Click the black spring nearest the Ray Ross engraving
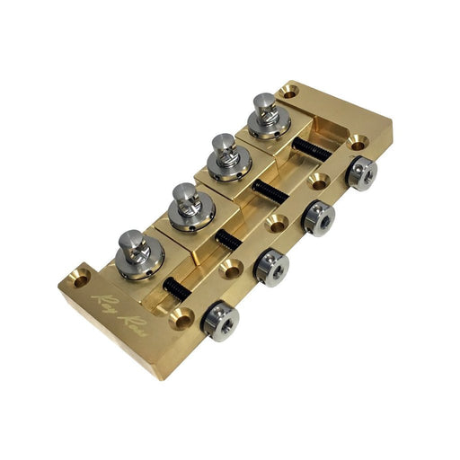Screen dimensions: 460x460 click(x=176, y=289)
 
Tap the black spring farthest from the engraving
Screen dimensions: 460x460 click(x=312, y=149)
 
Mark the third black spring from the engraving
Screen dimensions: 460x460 click(x=270, y=191)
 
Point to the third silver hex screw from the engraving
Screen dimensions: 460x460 click(x=317, y=215)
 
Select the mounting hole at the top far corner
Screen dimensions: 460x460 click(x=288, y=91)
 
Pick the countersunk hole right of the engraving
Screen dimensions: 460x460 click(x=182, y=317)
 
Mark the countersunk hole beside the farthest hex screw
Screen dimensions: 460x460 click(x=358, y=142)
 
